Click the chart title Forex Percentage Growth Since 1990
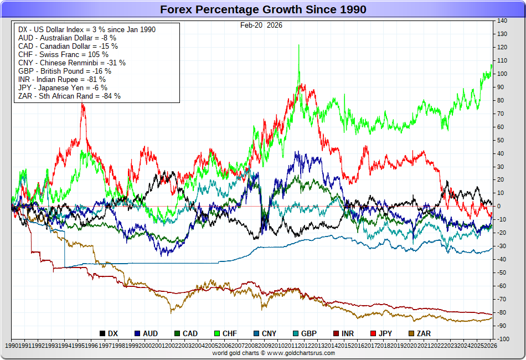tap(263, 9)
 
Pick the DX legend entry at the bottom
tap(109, 333)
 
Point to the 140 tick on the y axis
tap(502, 21)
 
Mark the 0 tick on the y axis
tap(499, 206)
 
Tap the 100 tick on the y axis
tap(502, 74)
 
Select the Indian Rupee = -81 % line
tap(61, 79)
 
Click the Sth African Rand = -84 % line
tap(69, 96)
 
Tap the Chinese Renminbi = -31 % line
tap(72, 63)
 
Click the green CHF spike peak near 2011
tap(298, 45)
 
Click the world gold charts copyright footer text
tap(262, 353)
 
